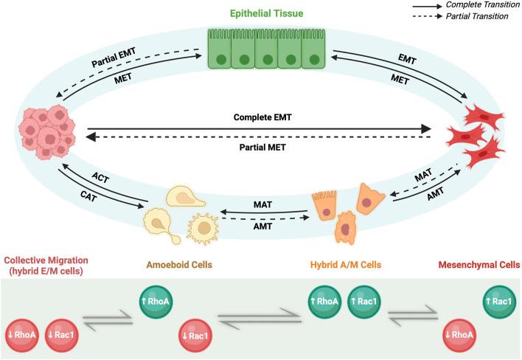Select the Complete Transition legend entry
479,5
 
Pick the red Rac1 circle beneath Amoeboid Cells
195,336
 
